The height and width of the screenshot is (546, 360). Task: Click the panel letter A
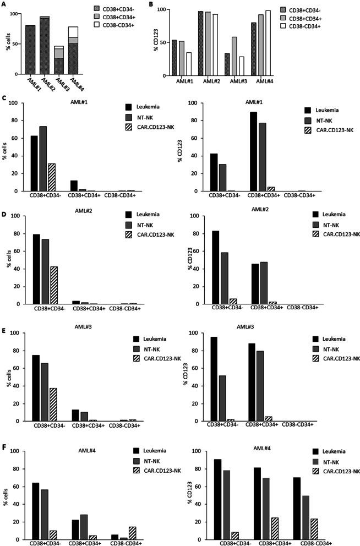pyautogui.click(x=4, y=6)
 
